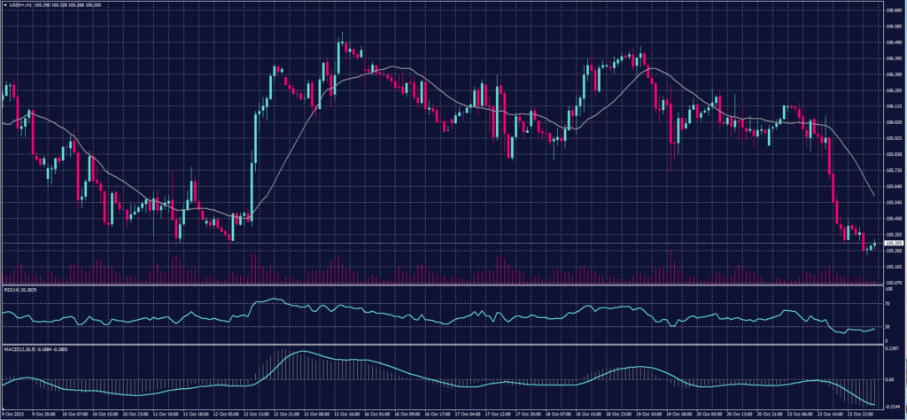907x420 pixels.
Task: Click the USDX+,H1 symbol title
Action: coord(26,4)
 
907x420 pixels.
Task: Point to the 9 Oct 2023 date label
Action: coord(13,414)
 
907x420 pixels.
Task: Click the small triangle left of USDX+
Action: coord(4,4)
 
